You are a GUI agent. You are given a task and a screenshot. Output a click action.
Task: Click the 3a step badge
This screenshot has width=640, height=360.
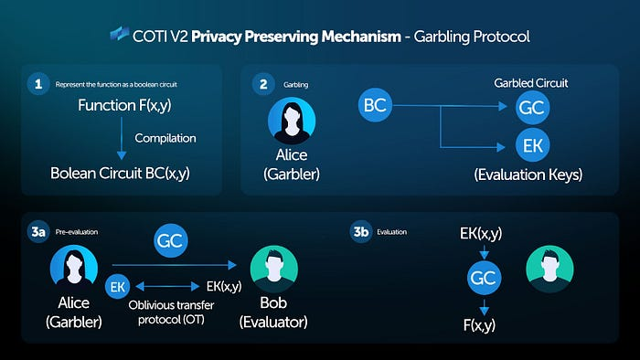(x=37, y=232)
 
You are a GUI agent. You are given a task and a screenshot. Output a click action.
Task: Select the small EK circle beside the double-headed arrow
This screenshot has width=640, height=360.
(x=118, y=286)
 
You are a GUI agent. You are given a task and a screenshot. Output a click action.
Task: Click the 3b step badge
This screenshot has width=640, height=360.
(x=361, y=232)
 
